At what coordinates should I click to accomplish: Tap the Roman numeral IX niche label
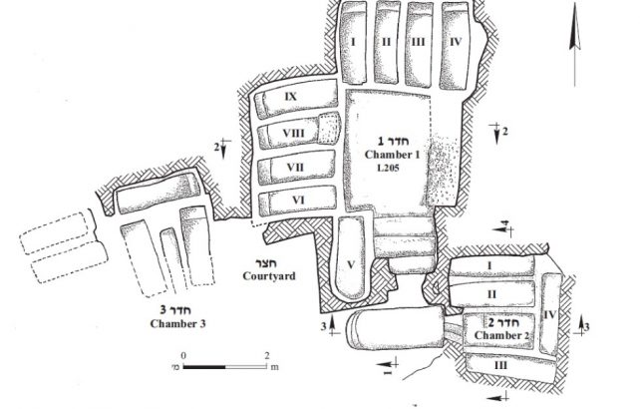(291, 97)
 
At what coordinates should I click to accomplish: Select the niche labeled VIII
(294, 133)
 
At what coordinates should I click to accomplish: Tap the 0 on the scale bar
(183, 355)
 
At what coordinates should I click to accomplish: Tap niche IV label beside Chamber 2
(550, 315)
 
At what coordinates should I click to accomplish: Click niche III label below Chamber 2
(499, 365)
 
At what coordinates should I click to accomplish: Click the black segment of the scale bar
(204, 368)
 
